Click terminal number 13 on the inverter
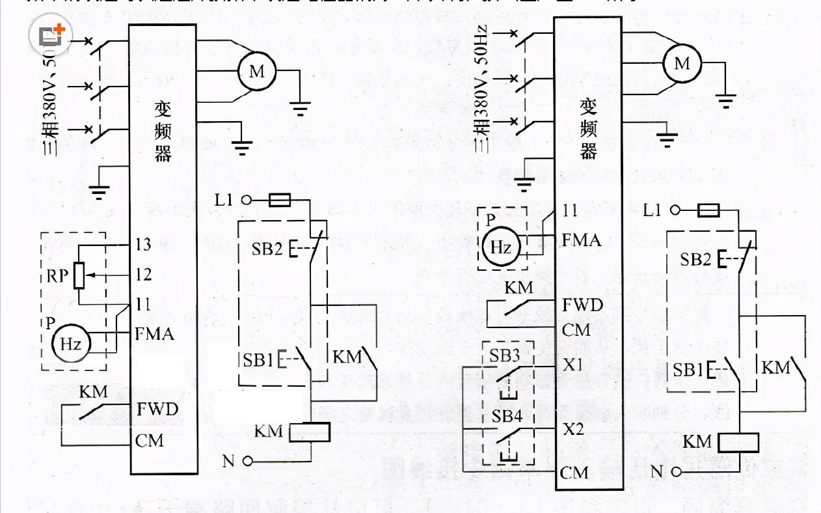click(144, 245)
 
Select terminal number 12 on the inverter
click(144, 274)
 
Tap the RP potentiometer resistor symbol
click(79, 275)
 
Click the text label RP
click(57, 275)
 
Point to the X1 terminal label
click(573, 365)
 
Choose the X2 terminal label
click(573, 430)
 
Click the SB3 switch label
click(505, 355)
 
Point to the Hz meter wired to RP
click(70, 342)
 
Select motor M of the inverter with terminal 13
click(257, 71)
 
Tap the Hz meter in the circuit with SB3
click(501, 247)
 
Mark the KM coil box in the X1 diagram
click(740, 443)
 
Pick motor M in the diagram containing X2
click(681, 63)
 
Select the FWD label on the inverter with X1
click(583, 305)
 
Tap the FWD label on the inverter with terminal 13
click(157, 409)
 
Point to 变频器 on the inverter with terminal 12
click(163, 130)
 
